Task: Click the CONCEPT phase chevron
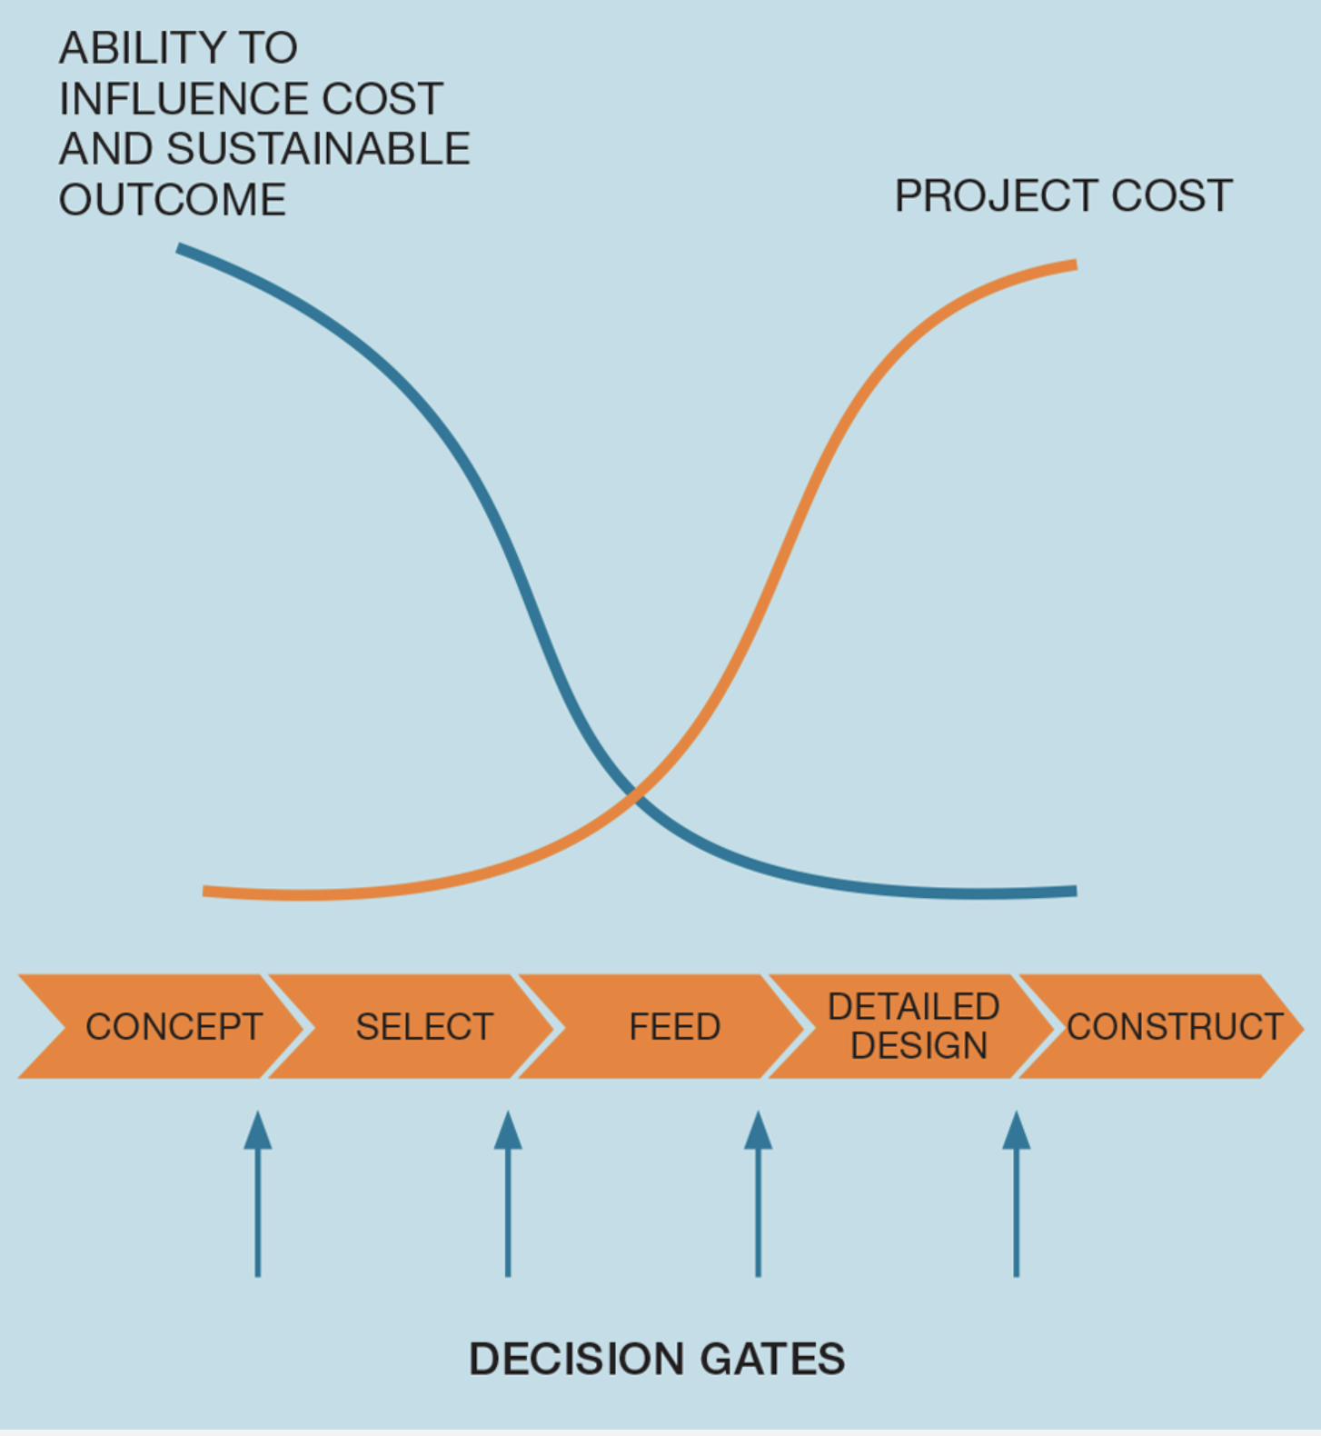[164, 1026]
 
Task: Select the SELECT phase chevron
[413, 1026]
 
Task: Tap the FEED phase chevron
[663, 1026]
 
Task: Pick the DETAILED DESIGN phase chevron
[913, 1026]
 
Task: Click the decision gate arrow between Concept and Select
[258, 1193]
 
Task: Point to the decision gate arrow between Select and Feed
[508, 1193]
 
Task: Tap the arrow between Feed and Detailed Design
[758, 1193]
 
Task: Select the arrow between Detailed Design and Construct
[1017, 1193]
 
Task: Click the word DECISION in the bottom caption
[579, 1360]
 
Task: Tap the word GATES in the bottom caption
[773, 1360]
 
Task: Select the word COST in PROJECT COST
[1171, 195]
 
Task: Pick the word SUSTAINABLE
[319, 148]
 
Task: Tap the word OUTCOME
[173, 199]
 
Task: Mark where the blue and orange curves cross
[635, 797]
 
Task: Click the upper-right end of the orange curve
[1076, 265]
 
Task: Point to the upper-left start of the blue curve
[179, 247]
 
